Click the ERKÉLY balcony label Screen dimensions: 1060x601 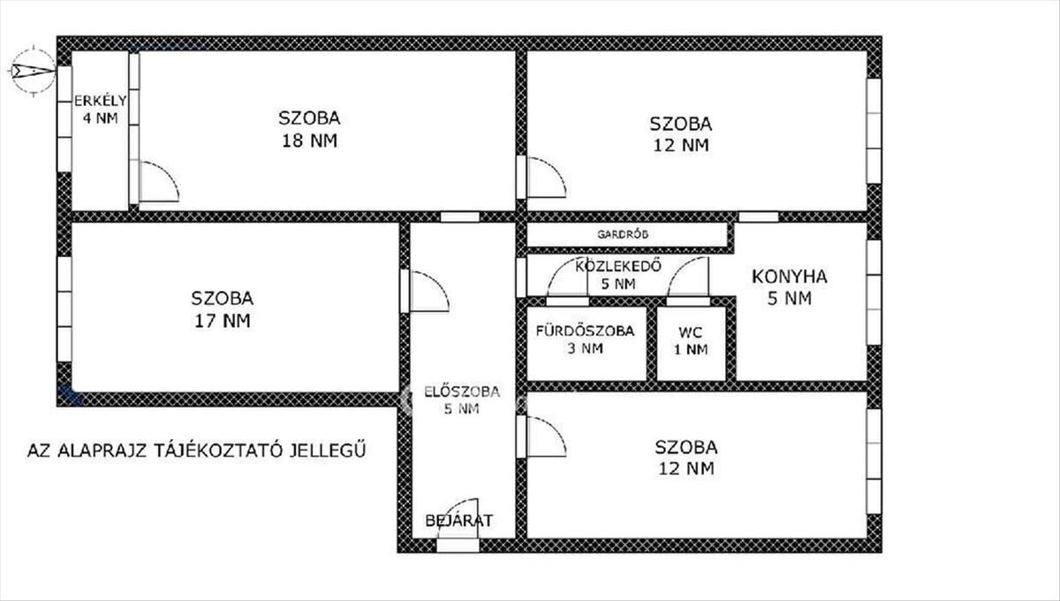point(101,101)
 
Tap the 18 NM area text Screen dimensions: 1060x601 point(309,141)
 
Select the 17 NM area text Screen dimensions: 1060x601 point(223,321)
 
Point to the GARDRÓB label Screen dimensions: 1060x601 point(622,234)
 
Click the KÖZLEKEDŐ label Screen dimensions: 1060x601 point(618,266)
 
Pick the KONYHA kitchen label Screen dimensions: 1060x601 point(790,277)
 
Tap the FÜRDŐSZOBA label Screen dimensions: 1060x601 point(585,331)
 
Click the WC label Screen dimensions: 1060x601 point(690,332)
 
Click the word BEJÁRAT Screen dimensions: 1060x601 point(458,521)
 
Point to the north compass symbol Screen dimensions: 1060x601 point(34,71)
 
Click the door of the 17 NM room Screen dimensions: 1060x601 point(428,292)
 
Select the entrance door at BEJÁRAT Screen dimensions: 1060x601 point(458,525)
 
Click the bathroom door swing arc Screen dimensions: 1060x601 point(558,270)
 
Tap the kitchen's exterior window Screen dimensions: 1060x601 point(874,293)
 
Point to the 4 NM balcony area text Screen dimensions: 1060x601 point(101,118)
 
